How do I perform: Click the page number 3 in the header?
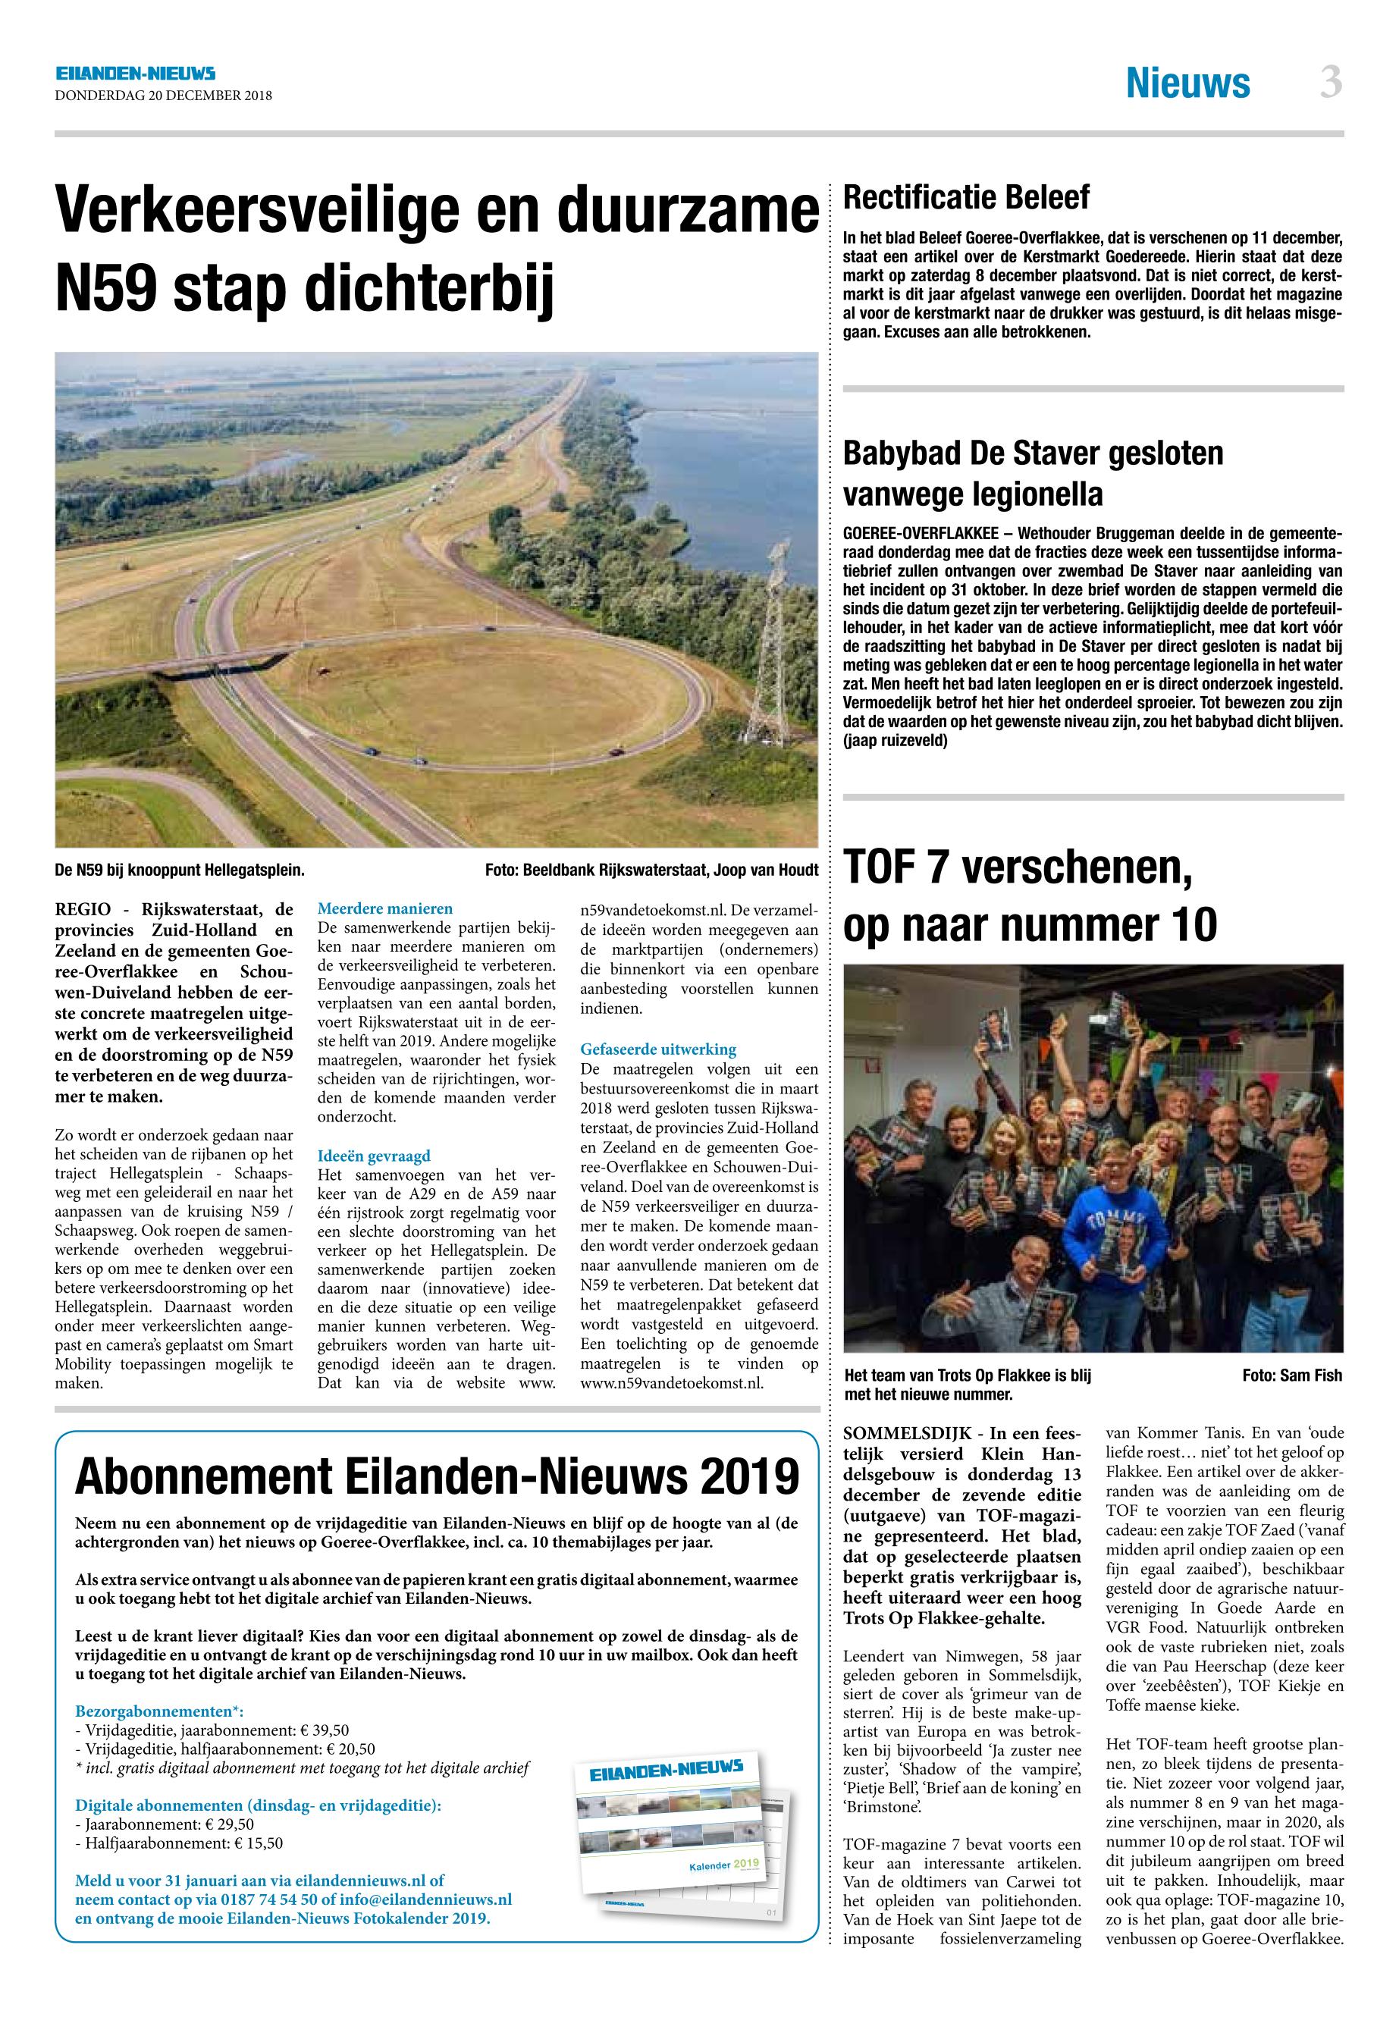pos(1331,83)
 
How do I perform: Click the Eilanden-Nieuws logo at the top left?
pos(135,74)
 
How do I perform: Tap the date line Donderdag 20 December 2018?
pos(163,96)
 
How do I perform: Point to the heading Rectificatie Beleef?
pos(966,198)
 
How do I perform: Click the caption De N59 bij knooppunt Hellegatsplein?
pos(180,870)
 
